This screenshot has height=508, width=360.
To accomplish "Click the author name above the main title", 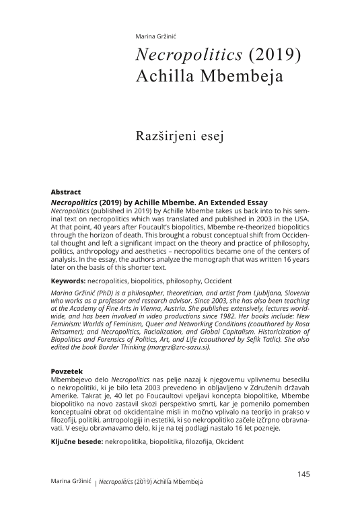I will tap(155, 36).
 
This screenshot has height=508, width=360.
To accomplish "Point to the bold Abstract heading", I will tap(66, 192).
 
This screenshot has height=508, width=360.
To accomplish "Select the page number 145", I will tap(303, 474).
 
